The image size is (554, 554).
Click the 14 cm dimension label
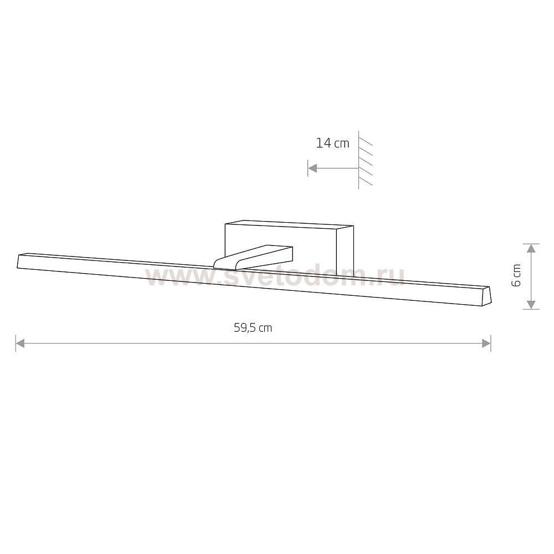332,143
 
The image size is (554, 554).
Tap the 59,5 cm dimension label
253,328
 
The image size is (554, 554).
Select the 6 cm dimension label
516,275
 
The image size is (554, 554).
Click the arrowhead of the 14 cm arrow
312,168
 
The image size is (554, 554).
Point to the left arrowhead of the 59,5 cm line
20,343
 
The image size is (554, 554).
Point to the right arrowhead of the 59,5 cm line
486,343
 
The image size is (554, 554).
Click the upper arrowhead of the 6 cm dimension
531,248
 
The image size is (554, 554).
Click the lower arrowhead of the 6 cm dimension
531,305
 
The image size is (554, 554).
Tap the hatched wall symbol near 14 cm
365,160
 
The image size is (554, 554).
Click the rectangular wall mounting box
289,247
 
